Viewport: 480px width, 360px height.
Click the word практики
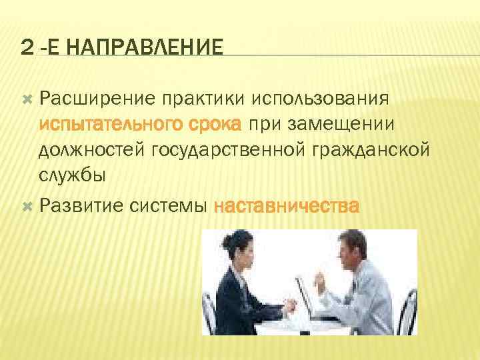200,99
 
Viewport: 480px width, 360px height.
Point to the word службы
71,176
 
